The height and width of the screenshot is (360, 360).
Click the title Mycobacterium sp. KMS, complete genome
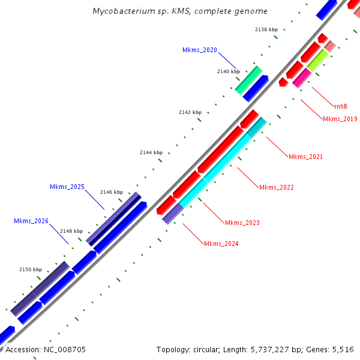180,11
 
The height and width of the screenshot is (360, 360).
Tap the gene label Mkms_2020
200,50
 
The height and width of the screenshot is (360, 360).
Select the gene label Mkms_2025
67,187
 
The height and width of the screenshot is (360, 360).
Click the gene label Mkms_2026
31,221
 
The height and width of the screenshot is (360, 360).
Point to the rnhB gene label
340,106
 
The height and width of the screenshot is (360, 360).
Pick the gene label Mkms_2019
340,119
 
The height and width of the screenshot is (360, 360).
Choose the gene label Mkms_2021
305,157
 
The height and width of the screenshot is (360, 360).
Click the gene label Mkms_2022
276,187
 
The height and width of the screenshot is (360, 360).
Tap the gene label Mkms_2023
242,223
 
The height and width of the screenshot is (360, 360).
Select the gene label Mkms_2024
221,243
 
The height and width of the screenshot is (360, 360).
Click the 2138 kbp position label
266,29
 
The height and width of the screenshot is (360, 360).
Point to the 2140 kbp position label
228,71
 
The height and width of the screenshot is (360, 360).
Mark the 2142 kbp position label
190,112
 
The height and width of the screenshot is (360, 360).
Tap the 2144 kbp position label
151,152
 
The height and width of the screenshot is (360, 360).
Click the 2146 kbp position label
111,192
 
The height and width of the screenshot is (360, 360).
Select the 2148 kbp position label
71,231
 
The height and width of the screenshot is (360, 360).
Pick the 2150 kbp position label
31,269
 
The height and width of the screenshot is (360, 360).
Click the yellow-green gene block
317,61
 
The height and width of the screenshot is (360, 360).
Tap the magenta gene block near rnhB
301,78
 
